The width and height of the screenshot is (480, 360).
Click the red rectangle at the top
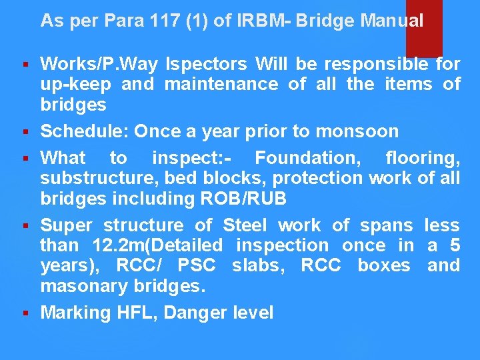point(424,27)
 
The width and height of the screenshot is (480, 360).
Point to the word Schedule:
point(84,131)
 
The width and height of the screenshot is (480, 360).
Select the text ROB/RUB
point(258,198)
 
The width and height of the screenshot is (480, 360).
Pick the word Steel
point(247,225)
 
